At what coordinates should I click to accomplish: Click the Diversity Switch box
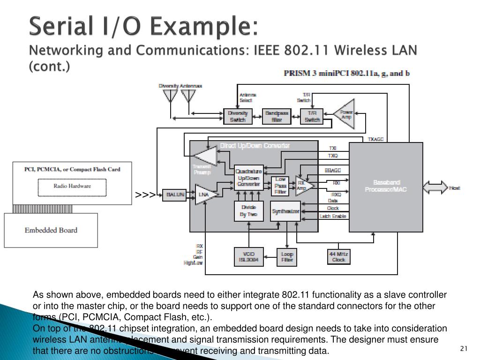point(237,117)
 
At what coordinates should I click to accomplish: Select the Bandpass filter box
point(277,117)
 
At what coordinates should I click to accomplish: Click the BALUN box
point(173,195)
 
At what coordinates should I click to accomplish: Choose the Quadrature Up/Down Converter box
point(248,178)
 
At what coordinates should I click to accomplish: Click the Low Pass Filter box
point(280,186)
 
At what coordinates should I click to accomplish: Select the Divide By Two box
point(248,211)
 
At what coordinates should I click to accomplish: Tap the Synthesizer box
point(286,211)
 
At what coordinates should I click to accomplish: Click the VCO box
point(248,256)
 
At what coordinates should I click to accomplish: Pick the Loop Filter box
point(287,256)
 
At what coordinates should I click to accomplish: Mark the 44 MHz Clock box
point(338,256)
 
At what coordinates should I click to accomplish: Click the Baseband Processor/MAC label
point(386,186)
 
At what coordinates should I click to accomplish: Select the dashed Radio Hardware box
point(72,186)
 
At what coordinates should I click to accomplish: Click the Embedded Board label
point(51,230)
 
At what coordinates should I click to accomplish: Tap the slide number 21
point(464,348)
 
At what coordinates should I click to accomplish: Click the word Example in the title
point(207,27)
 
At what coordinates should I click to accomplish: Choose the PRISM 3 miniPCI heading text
point(347,73)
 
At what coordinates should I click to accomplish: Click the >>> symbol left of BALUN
point(145,195)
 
